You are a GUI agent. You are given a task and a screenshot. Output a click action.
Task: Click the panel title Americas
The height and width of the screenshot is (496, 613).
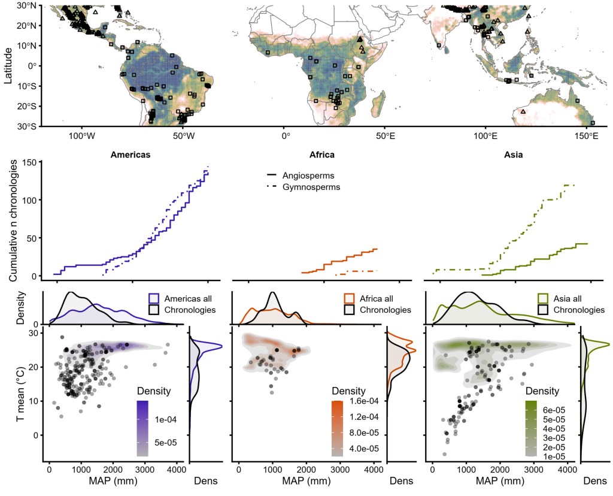(x=130, y=155)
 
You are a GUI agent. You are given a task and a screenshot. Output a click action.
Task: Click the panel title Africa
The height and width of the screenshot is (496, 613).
(x=322, y=155)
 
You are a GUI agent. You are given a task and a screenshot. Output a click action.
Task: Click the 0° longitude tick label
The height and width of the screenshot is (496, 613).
(x=285, y=135)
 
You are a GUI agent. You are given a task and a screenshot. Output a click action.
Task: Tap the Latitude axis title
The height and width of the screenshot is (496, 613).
(x=8, y=66)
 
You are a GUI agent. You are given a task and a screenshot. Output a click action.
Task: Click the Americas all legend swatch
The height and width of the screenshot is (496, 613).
(x=153, y=298)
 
